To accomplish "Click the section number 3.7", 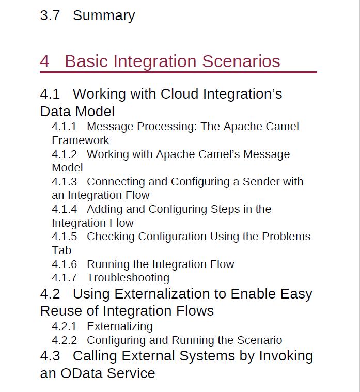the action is (x=50, y=15).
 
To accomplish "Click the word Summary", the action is (x=104, y=16).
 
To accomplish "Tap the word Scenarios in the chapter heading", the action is (x=241, y=61).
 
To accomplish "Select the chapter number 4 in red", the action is (x=44, y=61).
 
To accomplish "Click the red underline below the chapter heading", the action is (x=179, y=72).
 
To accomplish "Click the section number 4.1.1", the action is (x=64, y=127).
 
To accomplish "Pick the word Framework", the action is (x=81, y=140).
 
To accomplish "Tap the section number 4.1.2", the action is (x=64, y=154).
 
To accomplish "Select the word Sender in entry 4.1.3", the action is (x=261, y=181).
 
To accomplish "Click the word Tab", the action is (x=61, y=250).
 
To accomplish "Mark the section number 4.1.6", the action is (x=64, y=264).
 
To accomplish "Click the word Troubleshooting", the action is (x=128, y=278).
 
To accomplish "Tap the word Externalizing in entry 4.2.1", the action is (x=120, y=327).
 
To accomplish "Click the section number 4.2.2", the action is (x=64, y=340).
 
